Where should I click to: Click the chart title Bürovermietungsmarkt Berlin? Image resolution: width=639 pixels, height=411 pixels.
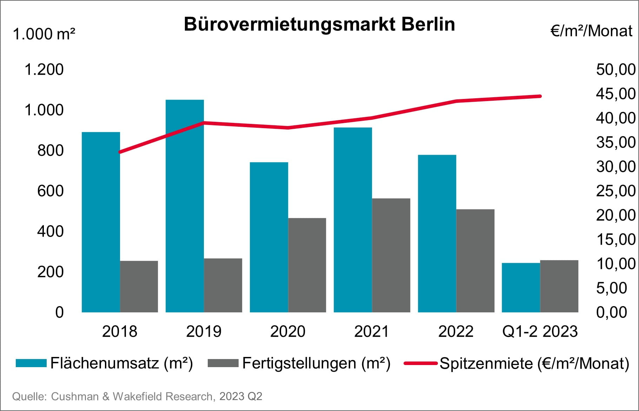(319, 25)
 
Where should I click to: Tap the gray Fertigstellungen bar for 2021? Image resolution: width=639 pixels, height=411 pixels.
(391, 255)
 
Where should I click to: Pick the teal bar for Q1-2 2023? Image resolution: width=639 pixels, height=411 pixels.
(521, 287)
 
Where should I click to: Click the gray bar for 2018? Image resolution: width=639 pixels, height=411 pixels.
(139, 286)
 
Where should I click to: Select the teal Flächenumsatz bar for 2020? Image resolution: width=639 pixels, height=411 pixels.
(269, 237)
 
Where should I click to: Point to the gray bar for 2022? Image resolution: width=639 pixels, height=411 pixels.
(475, 261)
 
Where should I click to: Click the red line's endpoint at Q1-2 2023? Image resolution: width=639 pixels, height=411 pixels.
(540, 96)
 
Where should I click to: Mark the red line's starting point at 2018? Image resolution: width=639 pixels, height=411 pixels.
(120, 152)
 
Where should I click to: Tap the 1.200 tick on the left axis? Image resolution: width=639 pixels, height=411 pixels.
(44, 69)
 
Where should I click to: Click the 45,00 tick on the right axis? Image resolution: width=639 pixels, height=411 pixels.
(615, 94)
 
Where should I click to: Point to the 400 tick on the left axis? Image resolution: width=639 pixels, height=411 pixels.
(50, 231)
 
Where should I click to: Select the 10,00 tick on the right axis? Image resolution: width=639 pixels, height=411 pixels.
(615, 264)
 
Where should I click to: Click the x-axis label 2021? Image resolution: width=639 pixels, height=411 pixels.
(372, 331)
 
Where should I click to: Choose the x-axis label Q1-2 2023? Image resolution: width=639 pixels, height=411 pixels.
(540, 331)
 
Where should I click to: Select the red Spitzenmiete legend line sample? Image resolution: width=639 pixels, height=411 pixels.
(420, 363)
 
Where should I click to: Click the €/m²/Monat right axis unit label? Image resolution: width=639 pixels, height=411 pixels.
(591, 31)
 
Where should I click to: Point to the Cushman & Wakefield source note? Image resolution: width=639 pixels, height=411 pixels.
(137, 396)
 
